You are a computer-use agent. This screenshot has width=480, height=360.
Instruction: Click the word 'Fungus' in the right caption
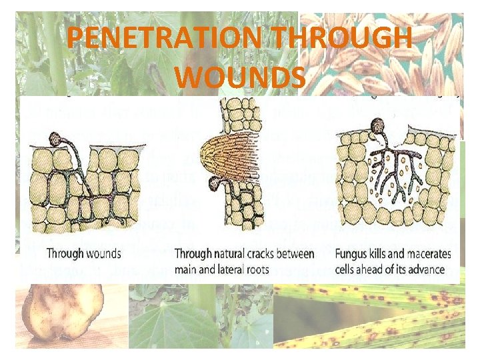tap(353, 254)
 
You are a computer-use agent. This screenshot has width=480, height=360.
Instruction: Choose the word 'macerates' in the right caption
tap(427, 254)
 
